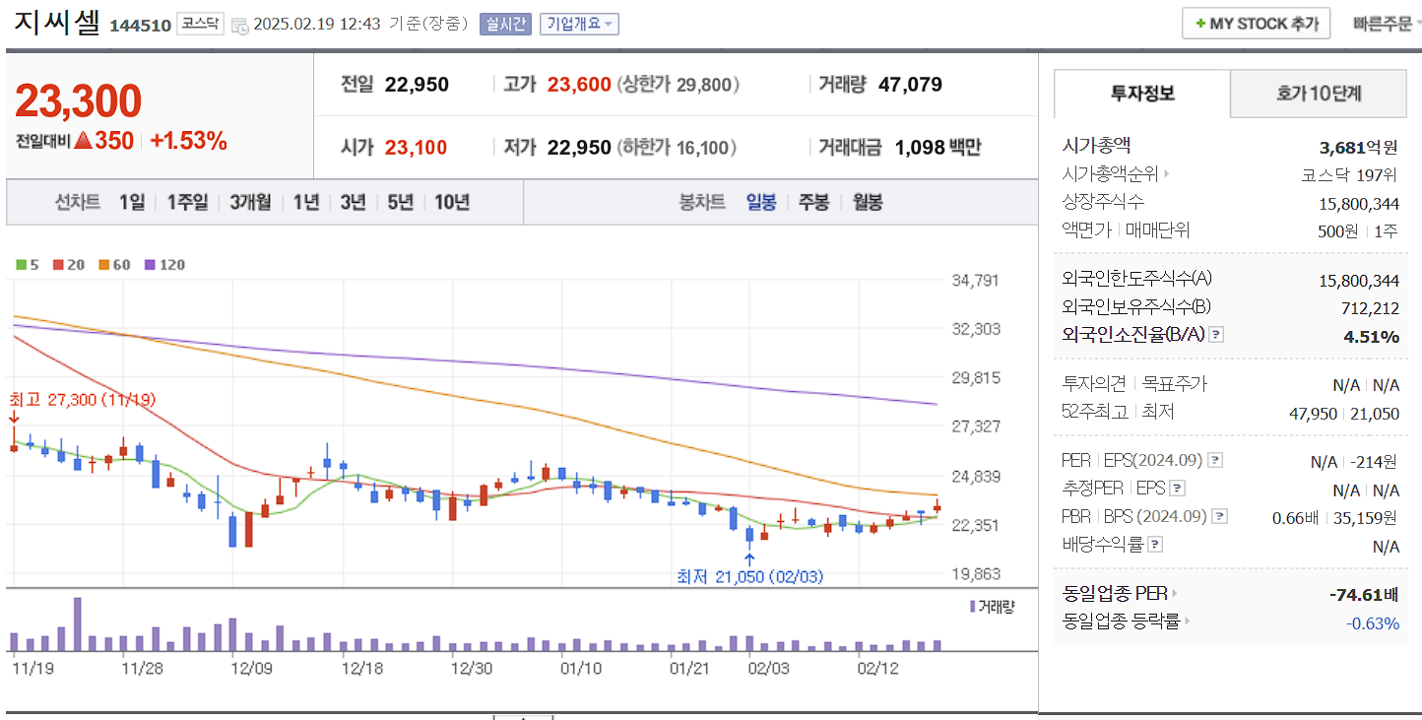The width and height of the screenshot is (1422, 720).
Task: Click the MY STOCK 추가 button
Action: tap(1256, 24)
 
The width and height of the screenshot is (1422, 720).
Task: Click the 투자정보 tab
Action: tap(1141, 94)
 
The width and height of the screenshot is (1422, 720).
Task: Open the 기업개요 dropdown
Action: tap(579, 24)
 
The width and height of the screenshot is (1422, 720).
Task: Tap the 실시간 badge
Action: tap(505, 24)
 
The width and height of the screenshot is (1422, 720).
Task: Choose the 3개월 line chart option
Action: tap(250, 202)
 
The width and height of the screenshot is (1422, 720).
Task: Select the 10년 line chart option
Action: tap(451, 202)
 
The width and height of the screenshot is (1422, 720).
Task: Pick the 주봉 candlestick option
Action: tap(813, 202)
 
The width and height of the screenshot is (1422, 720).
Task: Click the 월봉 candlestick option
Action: tap(868, 202)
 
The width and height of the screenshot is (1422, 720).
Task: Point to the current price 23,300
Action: tap(79, 100)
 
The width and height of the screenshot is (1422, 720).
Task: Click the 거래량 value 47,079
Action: tap(909, 85)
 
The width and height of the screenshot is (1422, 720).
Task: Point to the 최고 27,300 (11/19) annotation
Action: tap(82, 400)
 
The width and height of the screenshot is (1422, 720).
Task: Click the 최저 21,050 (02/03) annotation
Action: tap(749, 576)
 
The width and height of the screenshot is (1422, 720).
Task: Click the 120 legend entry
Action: tap(164, 264)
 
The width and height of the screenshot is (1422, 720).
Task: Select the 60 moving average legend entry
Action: tap(115, 264)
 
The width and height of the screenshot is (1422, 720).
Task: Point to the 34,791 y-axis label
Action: tap(975, 280)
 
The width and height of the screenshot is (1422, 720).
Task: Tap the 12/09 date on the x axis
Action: tap(250, 668)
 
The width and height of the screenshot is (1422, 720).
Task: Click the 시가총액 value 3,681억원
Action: tap(1358, 148)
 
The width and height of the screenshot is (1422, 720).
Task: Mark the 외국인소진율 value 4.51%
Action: tap(1371, 337)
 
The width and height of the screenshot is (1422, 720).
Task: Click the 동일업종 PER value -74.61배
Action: tap(1363, 595)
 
